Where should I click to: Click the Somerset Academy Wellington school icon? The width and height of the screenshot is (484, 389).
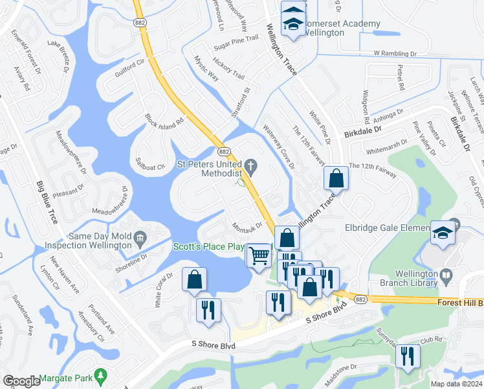[x=292, y=23]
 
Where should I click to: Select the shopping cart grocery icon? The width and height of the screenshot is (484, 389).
[x=259, y=255]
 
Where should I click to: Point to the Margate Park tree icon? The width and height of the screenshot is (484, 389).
[x=100, y=375]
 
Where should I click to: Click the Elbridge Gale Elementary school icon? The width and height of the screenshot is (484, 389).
[x=444, y=232]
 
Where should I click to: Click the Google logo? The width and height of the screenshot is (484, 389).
[x=21, y=381]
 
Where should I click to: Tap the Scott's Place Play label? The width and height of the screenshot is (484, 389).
[x=208, y=247]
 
